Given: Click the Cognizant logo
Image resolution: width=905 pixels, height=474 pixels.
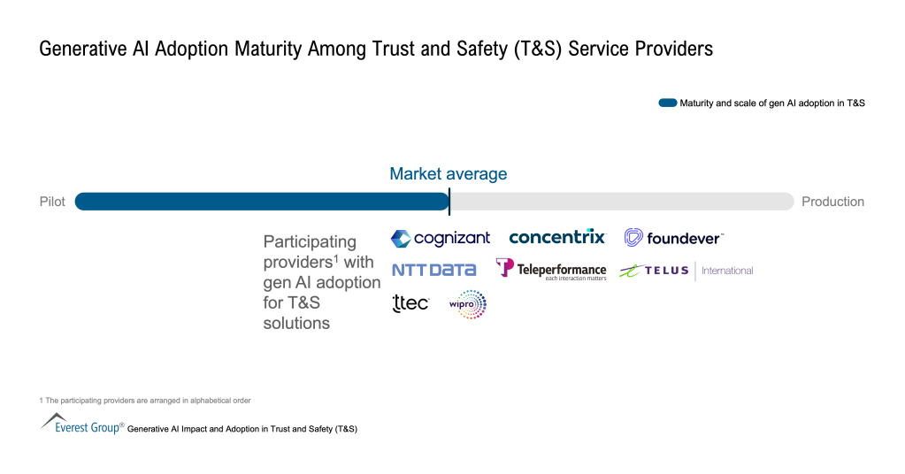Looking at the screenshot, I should tap(440, 238).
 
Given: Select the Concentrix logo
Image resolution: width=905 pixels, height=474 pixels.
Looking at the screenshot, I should tap(557, 237).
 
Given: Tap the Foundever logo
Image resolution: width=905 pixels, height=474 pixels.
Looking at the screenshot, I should tap(673, 237).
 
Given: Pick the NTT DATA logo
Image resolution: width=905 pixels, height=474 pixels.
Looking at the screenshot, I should tap(433, 270).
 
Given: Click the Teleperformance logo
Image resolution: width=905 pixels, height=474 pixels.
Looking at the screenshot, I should tap(551, 269).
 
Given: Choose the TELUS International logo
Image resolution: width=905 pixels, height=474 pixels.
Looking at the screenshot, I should tap(686, 271).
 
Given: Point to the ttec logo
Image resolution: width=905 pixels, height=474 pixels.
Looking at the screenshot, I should tap(410, 303).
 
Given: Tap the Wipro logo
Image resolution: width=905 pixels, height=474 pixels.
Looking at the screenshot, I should tap(468, 304).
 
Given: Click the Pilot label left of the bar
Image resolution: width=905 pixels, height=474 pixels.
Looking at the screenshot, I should tap(52, 202).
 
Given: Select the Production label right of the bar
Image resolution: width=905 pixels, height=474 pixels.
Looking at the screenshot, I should tap(832, 202).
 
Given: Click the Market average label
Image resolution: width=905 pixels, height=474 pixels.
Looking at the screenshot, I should tap(449, 173).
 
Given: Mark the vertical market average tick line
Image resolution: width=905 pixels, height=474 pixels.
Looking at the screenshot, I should tap(449, 202).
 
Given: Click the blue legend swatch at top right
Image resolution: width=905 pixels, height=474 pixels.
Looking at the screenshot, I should tap(667, 103).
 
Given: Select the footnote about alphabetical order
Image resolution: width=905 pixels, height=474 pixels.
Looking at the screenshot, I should tap(145, 401).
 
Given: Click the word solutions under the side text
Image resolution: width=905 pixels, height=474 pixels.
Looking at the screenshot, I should tap(296, 323).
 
